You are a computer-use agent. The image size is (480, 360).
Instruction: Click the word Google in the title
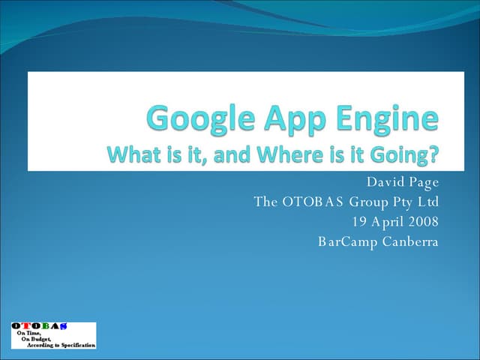pyautogui.click(x=194, y=119)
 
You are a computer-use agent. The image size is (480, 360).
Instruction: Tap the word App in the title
pyautogui.click(x=287, y=119)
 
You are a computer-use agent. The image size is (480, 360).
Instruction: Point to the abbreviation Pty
pyautogui.click(x=403, y=202)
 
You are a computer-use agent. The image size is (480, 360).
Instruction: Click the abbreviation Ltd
pyautogui.click(x=428, y=202)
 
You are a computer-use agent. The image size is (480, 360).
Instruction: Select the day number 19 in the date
pyautogui.click(x=358, y=221)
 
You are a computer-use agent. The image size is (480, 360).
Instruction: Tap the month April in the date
pyautogui.click(x=388, y=222)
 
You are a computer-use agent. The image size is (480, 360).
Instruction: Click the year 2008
pyautogui.click(x=423, y=221)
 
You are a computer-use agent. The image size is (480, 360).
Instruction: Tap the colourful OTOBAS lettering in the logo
pyautogui.click(x=39, y=326)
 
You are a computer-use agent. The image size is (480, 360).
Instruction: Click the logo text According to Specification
pyautogui.click(x=61, y=344)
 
